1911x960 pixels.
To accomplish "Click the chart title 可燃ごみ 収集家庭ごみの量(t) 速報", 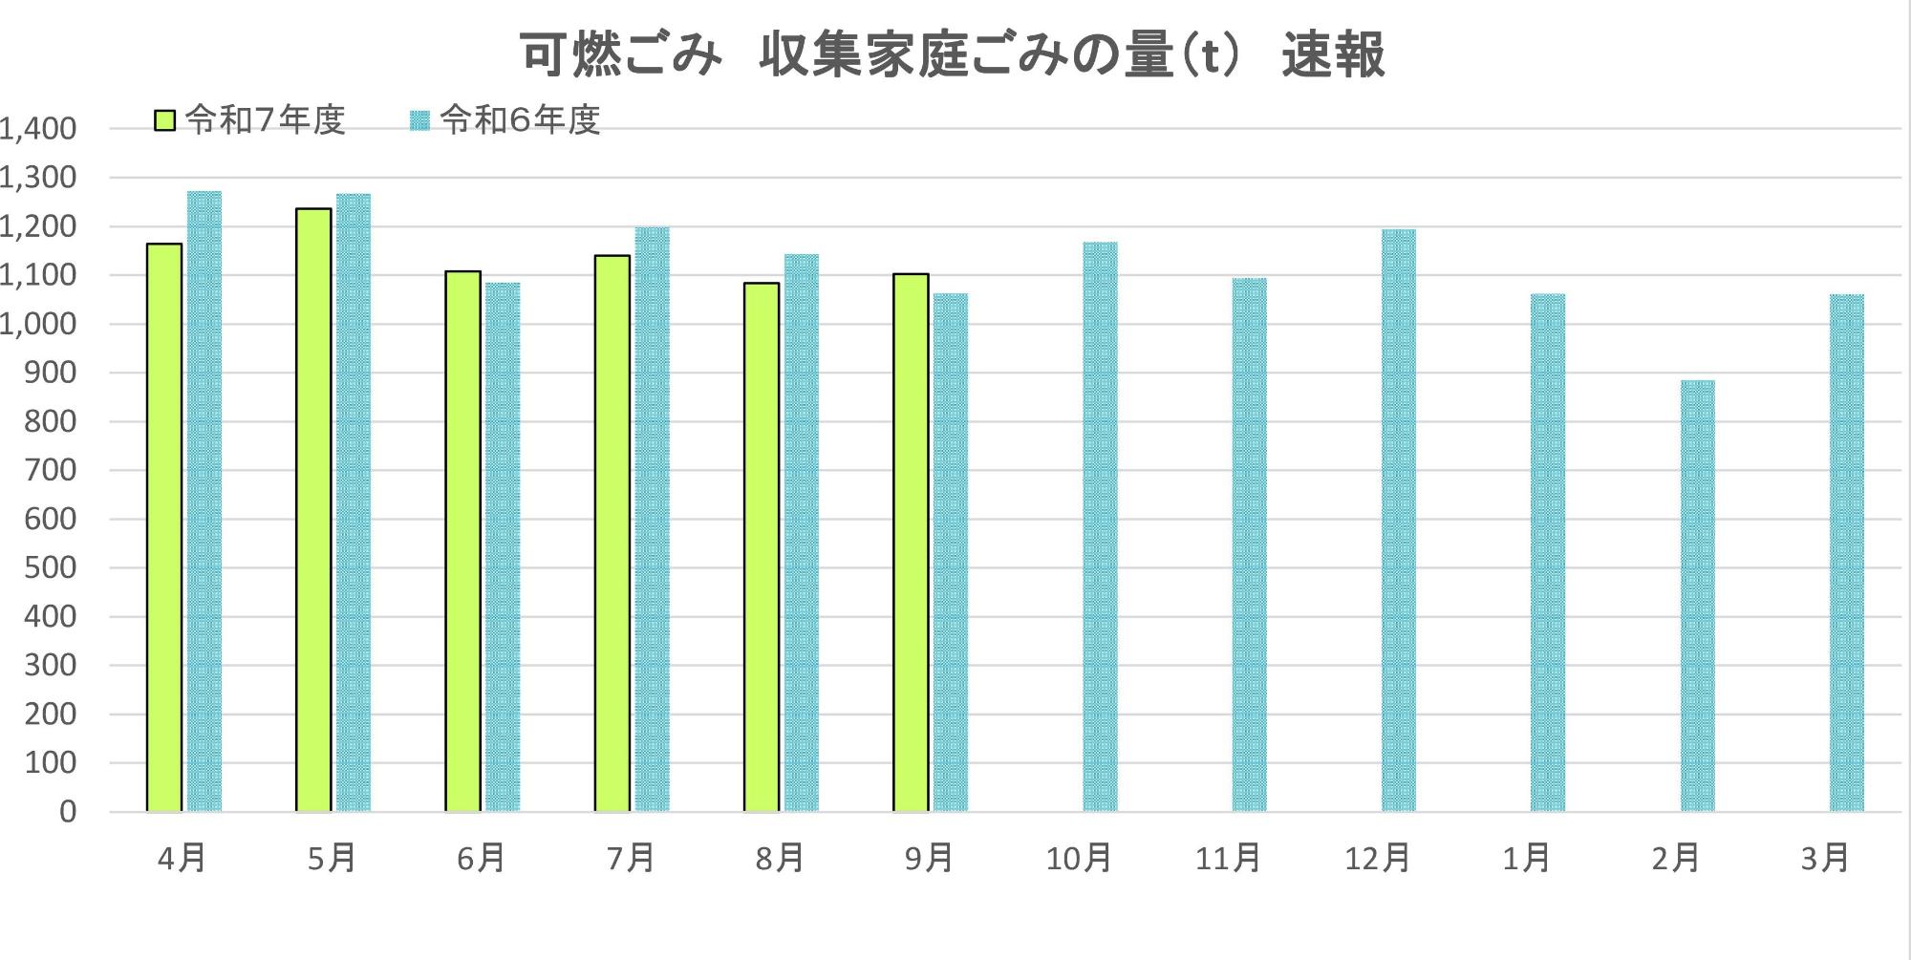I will (952, 55).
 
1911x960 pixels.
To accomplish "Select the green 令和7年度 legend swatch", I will (165, 121).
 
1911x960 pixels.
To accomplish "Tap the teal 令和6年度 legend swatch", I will (420, 121).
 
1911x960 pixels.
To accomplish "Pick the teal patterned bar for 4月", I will (204, 501).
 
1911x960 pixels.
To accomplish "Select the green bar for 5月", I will (313, 510).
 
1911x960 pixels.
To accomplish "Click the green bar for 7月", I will (612, 533).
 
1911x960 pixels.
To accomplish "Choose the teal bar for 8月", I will (802, 533).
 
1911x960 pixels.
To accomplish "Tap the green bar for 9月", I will (911, 543).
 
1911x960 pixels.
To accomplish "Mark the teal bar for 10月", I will (1100, 526).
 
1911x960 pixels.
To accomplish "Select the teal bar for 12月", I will (1399, 521).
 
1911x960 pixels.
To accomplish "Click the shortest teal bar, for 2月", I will (1698, 596).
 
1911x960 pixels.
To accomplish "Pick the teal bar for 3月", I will (1847, 553).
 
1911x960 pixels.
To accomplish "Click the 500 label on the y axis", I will (50, 568).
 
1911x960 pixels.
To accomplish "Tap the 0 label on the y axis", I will (67, 812).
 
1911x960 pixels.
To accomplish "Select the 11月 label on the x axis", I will (1228, 859).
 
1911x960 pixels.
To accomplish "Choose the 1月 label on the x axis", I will (1526, 859).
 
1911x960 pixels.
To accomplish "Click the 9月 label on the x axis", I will (929, 859).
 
